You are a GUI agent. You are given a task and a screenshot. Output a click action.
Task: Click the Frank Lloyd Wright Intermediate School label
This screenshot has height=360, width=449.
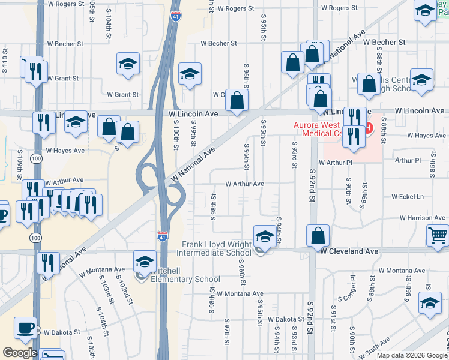217,249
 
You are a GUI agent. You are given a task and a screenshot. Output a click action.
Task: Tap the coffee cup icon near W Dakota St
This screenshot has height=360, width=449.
25,328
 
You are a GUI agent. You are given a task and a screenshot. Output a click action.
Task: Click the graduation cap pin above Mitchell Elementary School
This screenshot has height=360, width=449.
145,262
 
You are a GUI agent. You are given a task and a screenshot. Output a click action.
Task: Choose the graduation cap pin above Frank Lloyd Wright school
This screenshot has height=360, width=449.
264,236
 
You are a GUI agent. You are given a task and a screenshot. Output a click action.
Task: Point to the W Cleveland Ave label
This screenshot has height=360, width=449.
349,251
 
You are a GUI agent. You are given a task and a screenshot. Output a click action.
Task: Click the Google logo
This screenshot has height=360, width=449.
20,353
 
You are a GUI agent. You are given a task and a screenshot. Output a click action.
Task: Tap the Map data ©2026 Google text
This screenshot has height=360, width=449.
411,355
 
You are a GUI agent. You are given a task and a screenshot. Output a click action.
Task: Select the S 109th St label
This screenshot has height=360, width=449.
19,164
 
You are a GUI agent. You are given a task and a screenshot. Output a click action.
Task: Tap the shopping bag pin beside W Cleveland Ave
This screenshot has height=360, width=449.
318,236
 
